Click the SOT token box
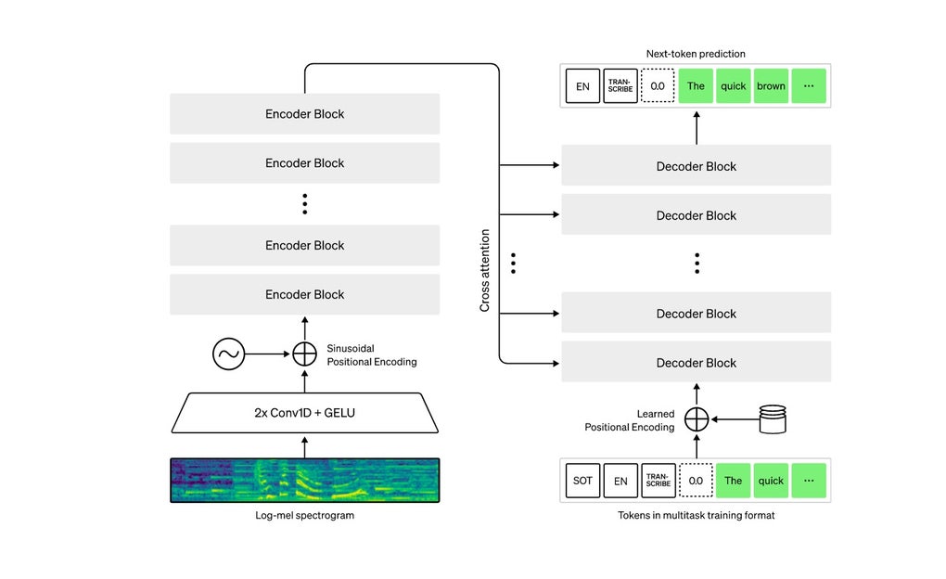582,481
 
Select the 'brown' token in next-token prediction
771,86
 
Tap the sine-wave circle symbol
228,354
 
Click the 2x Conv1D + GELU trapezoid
304,412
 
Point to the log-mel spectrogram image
304,480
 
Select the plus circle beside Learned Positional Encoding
697,419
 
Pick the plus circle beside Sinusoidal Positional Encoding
305,354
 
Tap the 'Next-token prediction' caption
697,54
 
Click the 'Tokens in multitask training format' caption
697,515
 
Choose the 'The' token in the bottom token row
734,481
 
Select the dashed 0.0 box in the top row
658,86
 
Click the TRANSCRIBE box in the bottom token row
658,481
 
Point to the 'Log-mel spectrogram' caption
304,515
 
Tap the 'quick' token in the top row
734,86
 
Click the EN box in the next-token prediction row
582,86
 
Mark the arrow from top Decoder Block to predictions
697,126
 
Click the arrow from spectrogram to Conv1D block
305,446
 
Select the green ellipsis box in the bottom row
808,481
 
